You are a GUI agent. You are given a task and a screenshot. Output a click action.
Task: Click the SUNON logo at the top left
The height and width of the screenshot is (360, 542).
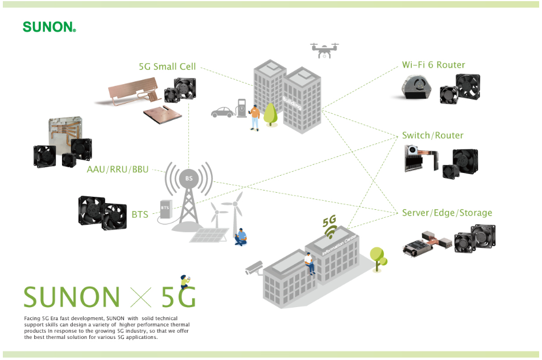[x=49, y=27]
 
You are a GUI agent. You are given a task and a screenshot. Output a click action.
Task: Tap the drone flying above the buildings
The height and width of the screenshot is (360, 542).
[x=325, y=51]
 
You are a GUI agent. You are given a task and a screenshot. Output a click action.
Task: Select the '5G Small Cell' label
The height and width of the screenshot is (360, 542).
[x=167, y=67]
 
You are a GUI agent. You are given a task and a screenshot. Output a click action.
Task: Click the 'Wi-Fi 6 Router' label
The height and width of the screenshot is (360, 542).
[x=433, y=65]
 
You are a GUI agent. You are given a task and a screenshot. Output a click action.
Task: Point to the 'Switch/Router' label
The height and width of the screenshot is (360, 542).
[x=433, y=135]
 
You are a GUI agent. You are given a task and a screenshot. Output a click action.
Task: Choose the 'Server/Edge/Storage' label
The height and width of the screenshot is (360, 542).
[x=447, y=213]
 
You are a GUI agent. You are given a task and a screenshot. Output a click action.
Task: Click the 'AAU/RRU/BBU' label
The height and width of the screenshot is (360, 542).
[x=118, y=169]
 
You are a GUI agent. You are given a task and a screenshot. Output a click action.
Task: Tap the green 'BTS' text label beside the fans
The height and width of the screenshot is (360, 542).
[x=140, y=215]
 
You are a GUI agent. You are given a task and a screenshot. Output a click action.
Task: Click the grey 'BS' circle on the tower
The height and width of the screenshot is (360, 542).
[x=189, y=179]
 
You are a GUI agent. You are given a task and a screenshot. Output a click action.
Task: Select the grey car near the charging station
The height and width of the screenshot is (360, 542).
[x=224, y=113]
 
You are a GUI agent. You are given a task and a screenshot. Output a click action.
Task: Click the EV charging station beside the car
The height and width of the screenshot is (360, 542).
[x=242, y=108]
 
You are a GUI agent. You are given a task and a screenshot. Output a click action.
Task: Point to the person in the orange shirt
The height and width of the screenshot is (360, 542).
[x=255, y=118]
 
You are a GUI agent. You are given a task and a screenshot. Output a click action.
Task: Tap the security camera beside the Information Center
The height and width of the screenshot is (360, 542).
[x=254, y=268]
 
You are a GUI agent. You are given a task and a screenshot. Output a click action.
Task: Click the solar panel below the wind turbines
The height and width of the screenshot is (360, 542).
[x=209, y=235]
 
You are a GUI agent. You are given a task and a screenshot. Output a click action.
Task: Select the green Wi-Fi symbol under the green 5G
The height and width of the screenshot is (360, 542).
[x=331, y=231]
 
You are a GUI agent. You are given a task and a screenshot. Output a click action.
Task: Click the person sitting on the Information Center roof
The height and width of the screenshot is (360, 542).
[x=309, y=263]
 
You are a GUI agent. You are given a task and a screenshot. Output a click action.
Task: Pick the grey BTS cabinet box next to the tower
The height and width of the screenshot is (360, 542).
[x=166, y=209]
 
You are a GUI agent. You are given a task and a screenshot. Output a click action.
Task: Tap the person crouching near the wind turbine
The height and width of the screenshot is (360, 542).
[x=241, y=237]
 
